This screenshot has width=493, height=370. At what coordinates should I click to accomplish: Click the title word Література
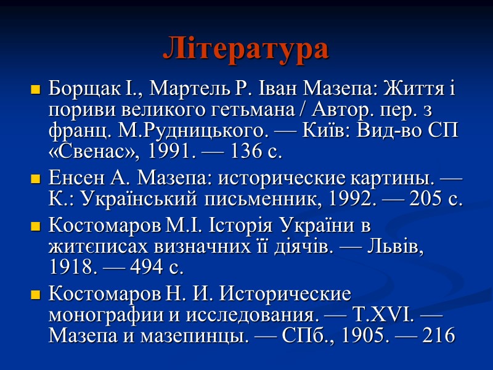pos(246,49)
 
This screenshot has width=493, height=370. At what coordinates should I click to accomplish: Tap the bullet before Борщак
pos(35,90)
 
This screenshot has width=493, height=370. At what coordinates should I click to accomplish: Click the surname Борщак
pos(77,89)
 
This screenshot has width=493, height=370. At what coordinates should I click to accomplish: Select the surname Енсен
pos(72,180)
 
